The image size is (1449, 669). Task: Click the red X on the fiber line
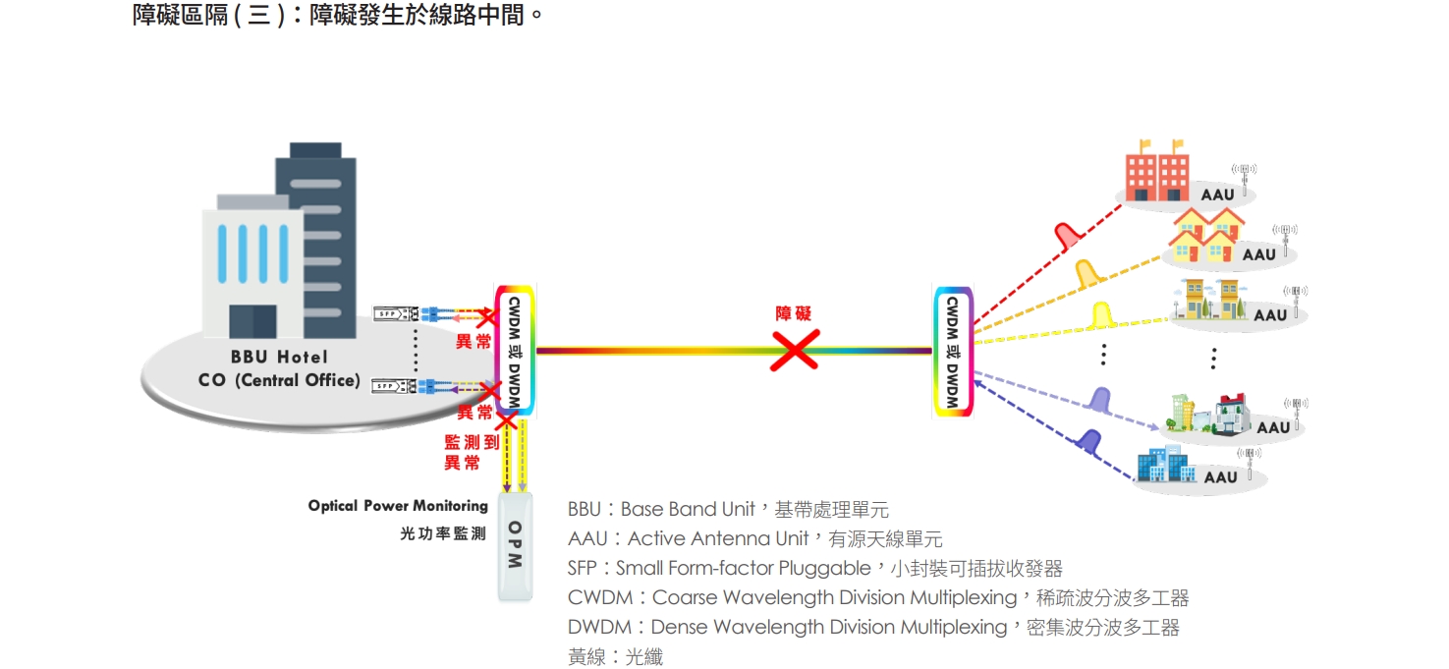pyautogui.click(x=794, y=349)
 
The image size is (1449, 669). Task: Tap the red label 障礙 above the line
pyautogui.click(x=794, y=313)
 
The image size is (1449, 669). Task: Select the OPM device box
pyautogui.click(x=516, y=546)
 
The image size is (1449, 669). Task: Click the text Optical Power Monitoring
pyautogui.click(x=398, y=506)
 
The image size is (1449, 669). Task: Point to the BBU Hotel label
pyautogui.click(x=279, y=357)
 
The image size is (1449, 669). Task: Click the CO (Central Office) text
pyautogui.click(x=279, y=380)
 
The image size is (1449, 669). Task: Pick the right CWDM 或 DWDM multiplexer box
pyautogui.click(x=952, y=350)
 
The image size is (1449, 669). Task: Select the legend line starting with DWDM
pyautogui.click(x=872, y=627)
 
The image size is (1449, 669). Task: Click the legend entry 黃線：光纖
pyautogui.click(x=615, y=656)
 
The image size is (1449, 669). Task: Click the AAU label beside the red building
pyautogui.click(x=1217, y=195)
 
